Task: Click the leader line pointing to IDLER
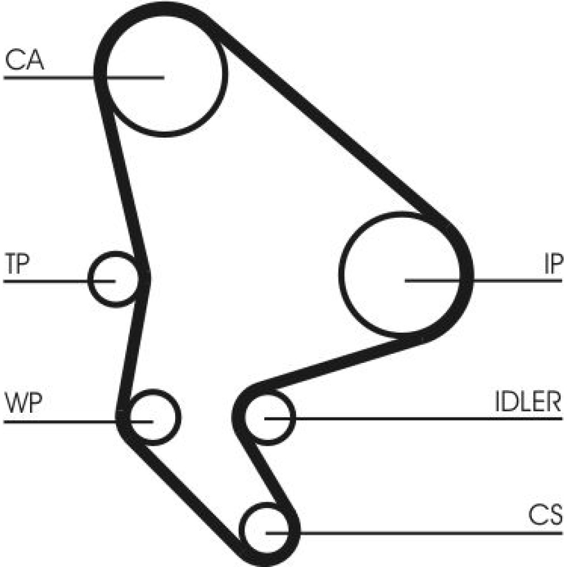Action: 425,418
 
